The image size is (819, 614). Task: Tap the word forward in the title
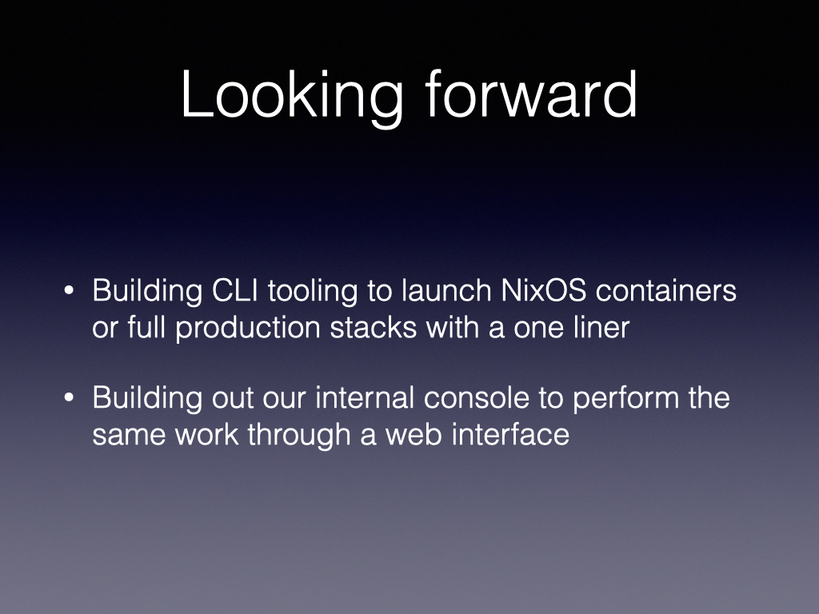pyautogui.click(x=531, y=94)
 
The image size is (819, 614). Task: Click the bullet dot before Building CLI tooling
pyautogui.click(x=69, y=291)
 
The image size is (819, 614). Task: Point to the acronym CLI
pyautogui.click(x=235, y=290)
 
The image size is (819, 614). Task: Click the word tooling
pyautogui.click(x=313, y=293)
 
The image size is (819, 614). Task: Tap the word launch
pyautogui.click(x=446, y=290)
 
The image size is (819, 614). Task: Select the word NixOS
pyautogui.click(x=544, y=290)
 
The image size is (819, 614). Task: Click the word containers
pyautogui.click(x=666, y=290)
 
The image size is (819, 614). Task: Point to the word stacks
pyautogui.click(x=374, y=327)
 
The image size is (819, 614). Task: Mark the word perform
pyautogui.click(x=625, y=400)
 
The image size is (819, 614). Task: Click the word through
pyautogui.click(x=299, y=437)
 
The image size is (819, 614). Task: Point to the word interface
pyautogui.click(x=510, y=434)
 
